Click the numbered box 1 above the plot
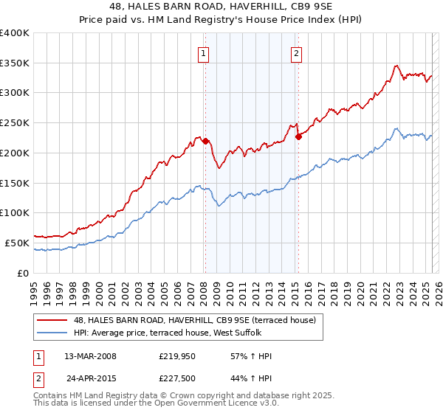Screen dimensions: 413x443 202,52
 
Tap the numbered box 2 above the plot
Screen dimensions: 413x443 295,52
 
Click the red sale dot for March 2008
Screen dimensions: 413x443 206,141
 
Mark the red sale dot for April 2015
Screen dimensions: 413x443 298,136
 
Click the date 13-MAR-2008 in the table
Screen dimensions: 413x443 91,356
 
